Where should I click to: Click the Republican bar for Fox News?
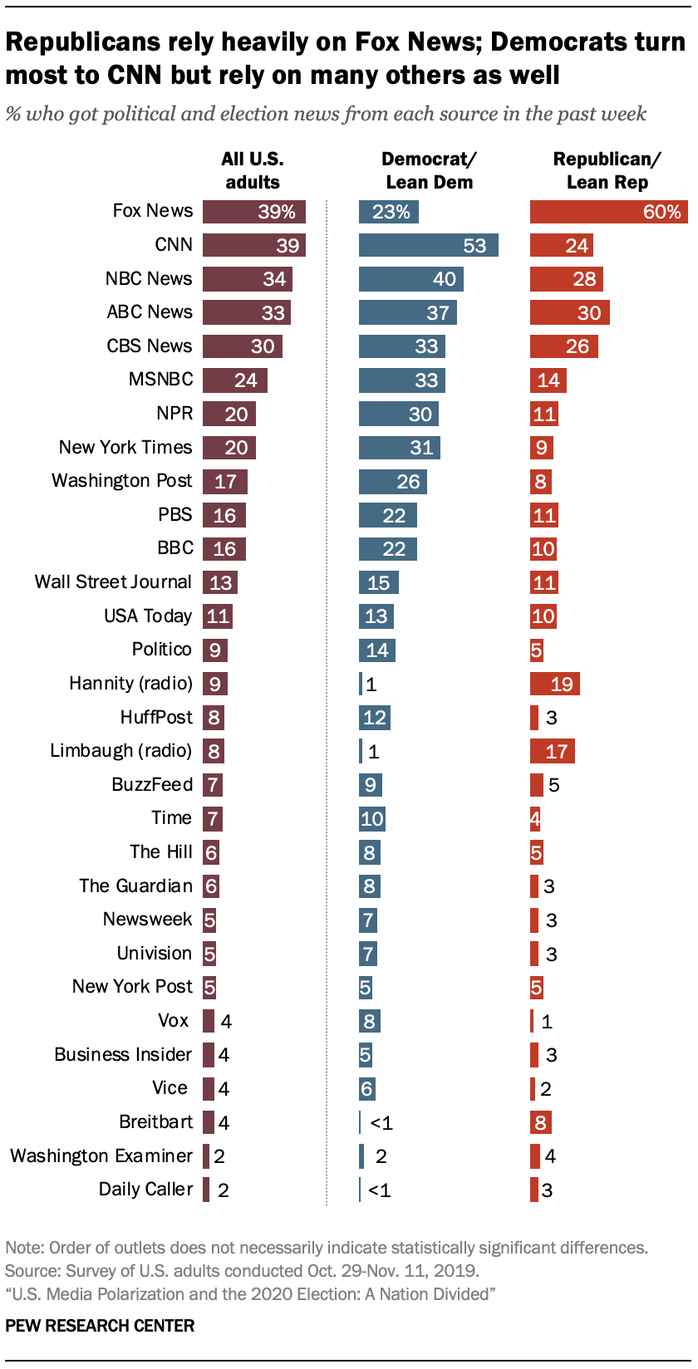pos(608,212)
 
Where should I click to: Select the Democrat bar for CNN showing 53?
pos(428,245)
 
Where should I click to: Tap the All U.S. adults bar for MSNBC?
pos(234,380)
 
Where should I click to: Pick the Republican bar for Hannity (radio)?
pos(554,684)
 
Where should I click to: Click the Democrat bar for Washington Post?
pos(392,482)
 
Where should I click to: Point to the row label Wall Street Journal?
pos(113,582)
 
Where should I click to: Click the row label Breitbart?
pos(155,1122)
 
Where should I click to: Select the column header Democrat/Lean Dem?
pos(429,170)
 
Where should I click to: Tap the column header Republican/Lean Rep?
pos(607,170)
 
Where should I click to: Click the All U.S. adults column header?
pos(252,170)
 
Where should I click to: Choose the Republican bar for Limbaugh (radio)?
pos(552,752)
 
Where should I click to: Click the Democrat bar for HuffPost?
pos(374,718)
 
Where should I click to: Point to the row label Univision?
pos(154,954)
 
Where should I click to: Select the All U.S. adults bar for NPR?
pos(229,414)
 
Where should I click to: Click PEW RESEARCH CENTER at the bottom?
pos(100,1326)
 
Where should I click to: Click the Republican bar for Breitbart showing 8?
pos(540,1123)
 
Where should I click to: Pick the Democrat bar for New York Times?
pos(399,448)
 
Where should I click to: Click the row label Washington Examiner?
pos(101,1156)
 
